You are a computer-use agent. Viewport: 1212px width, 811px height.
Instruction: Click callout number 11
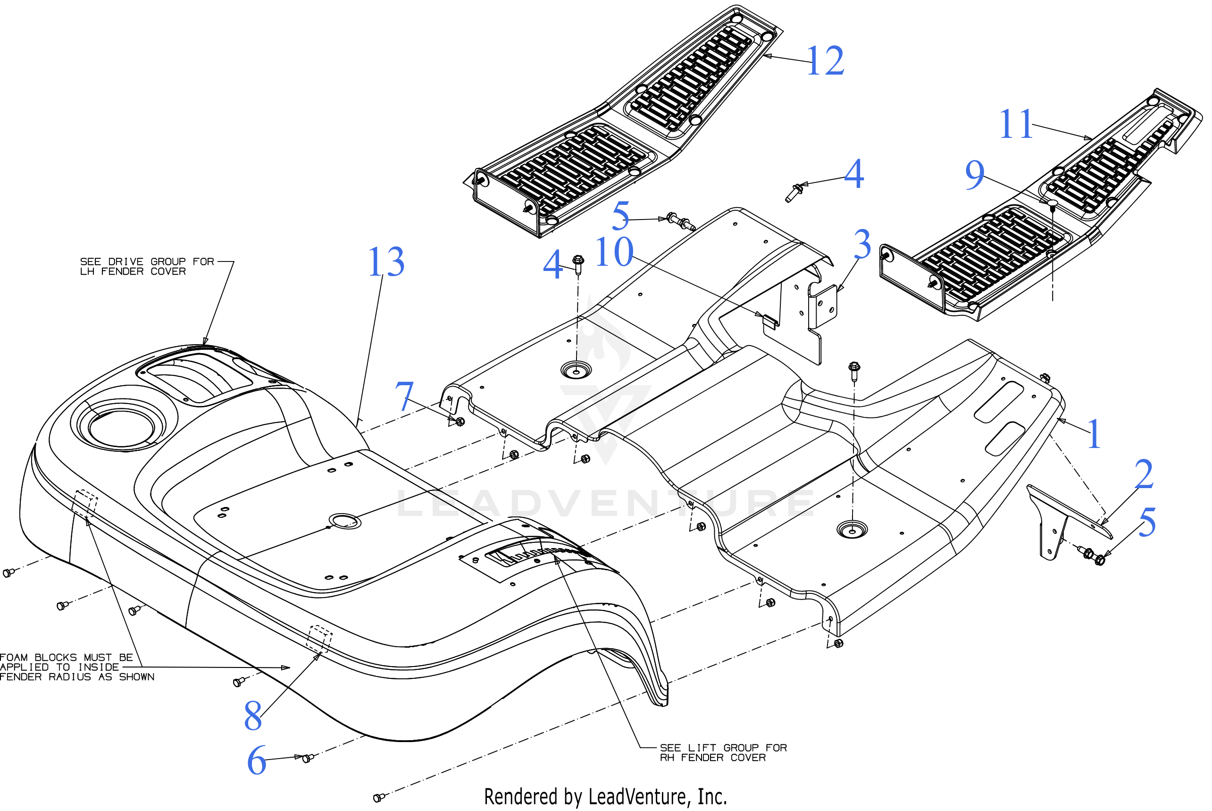coord(1016,125)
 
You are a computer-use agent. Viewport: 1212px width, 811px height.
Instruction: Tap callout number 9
coord(975,175)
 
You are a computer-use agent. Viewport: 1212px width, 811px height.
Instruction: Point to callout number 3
coord(862,244)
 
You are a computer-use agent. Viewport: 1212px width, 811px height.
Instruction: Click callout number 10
coord(614,253)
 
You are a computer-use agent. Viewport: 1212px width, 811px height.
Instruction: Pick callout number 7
coord(404,397)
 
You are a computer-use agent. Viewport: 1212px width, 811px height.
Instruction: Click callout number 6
coord(256,761)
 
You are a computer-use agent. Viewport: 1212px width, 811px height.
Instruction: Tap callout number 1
coord(1094,434)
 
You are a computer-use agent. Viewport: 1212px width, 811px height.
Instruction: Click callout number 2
coord(1143,474)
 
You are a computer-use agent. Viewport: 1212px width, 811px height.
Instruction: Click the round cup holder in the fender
coord(121,427)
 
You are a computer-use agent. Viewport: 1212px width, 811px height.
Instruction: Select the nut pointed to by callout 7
coord(460,422)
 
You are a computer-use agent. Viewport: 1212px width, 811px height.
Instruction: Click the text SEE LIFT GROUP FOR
coord(723,748)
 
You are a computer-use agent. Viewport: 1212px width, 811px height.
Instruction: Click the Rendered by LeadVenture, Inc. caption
coord(605,797)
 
